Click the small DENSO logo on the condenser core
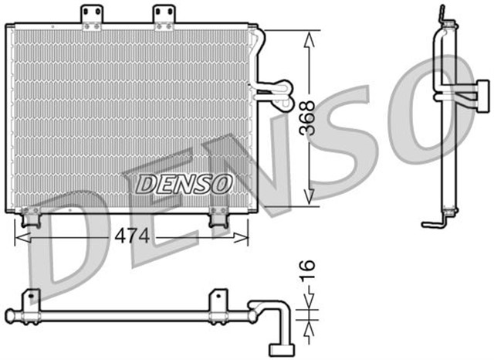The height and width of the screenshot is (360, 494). coord(184,183)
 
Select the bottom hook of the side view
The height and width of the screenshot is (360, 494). coord(433,224)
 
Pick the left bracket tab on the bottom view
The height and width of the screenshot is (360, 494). coord(31,298)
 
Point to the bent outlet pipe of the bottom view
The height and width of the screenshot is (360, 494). coord(279,324)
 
